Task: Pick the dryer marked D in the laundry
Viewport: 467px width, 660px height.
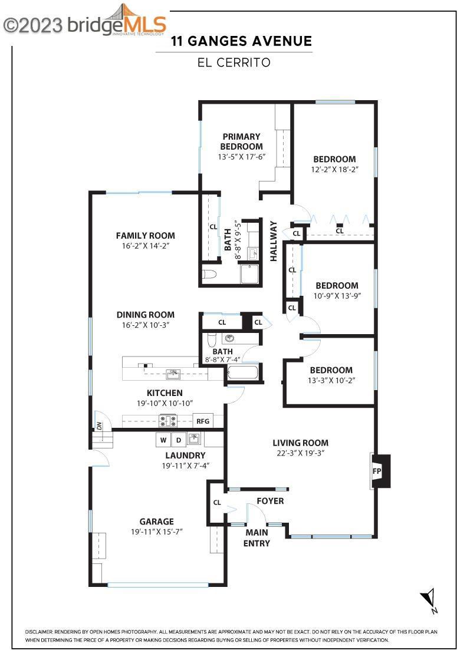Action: pyautogui.click(x=178, y=440)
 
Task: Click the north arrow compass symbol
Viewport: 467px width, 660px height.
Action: pyautogui.click(x=429, y=600)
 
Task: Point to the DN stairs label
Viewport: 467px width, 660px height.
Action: pyautogui.click(x=99, y=425)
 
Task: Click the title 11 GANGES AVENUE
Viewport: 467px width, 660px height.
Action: pyautogui.click(x=241, y=41)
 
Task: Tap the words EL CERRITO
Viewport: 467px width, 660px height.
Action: pyautogui.click(x=234, y=62)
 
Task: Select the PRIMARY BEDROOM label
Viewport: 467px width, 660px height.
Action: pyautogui.click(x=241, y=141)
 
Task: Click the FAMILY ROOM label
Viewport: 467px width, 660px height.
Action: pyautogui.click(x=145, y=236)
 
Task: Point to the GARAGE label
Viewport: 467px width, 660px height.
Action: pyautogui.click(x=156, y=521)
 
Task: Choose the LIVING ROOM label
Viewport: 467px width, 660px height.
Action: pyautogui.click(x=300, y=443)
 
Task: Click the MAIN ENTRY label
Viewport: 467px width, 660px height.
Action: pyautogui.click(x=257, y=537)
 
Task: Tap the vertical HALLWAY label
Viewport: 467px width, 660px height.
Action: pyautogui.click(x=274, y=240)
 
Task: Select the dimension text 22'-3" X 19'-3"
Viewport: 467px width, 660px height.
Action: pyautogui.click(x=300, y=453)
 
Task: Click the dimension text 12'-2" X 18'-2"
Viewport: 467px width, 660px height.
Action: pyautogui.click(x=334, y=169)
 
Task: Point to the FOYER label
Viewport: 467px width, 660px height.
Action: pyautogui.click(x=270, y=501)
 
